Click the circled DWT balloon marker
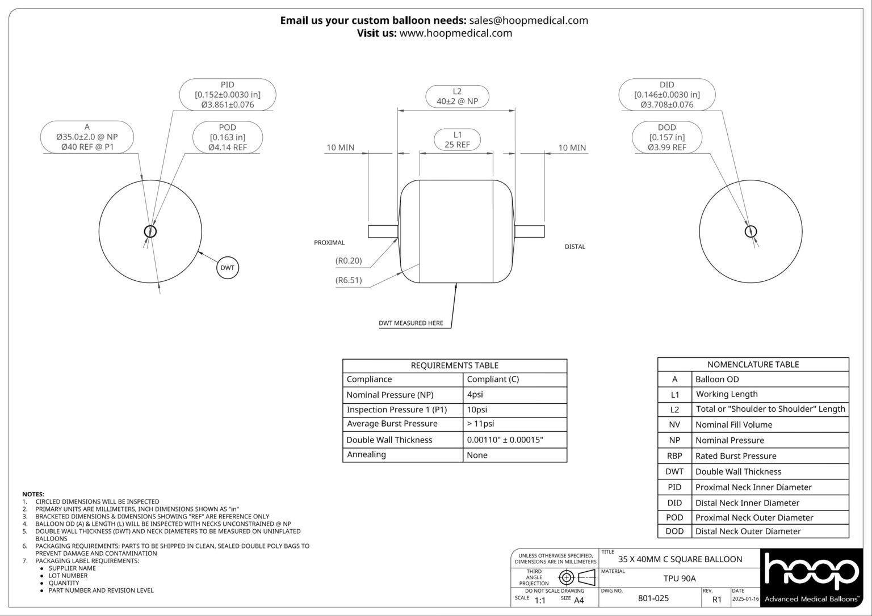click(227, 268)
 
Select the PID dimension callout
click(228, 94)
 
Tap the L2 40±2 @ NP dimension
click(457, 96)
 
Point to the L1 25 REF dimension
click(457, 140)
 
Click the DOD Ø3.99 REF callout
click(666, 138)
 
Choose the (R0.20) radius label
click(349, 261)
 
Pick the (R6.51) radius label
click(349, 280)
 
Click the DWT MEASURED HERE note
click(411, 323)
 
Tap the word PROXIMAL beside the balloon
click(329, 243)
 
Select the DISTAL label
click(575, 247)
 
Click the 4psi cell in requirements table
click(475, 394)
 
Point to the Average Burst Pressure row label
click(392, 424)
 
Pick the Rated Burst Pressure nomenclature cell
click(736, 456)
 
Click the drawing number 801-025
click(653, 598)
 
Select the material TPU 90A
click(680, 579)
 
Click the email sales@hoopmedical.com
click(529, 20)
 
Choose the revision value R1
click(716, 599)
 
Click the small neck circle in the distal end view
click(751, 231)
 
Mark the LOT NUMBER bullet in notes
click(68, 576)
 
